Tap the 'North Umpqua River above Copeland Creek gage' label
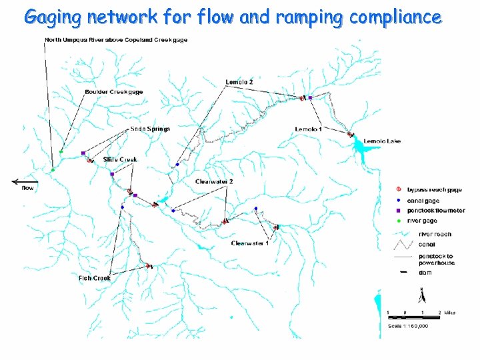116,40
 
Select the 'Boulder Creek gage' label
113,91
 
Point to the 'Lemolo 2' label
239,81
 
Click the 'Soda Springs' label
150,129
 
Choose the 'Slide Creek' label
120,159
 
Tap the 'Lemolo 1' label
309,129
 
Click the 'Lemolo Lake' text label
382,141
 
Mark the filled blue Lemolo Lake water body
365,155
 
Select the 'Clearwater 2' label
214,181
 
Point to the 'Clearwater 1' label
250,243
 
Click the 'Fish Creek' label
95,278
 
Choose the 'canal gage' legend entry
432,200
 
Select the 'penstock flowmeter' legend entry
441,211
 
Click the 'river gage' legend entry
431,221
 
